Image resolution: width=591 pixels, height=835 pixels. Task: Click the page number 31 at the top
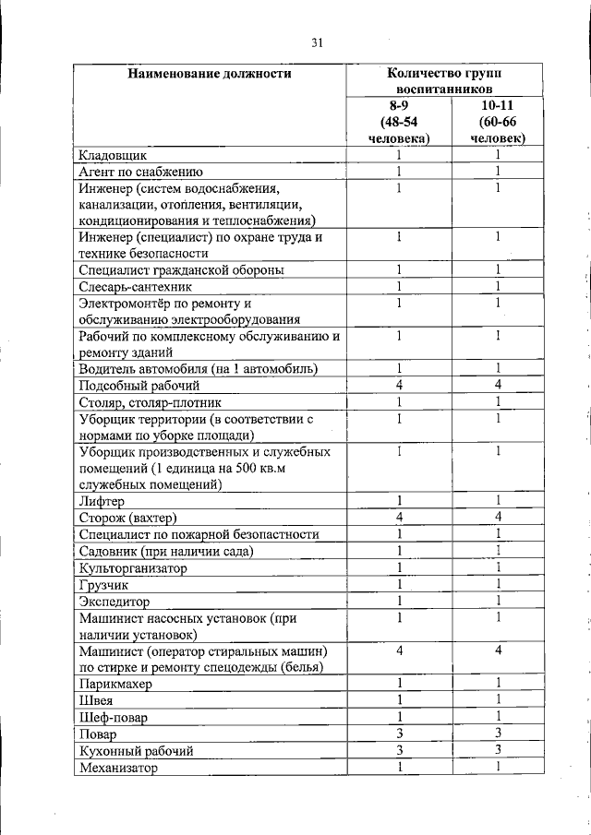point(317,42)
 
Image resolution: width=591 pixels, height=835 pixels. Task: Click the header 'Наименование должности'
point(210,74)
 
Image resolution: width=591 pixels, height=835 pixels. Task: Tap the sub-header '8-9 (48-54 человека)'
point(399,122)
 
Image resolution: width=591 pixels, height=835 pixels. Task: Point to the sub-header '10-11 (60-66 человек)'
point(497,122)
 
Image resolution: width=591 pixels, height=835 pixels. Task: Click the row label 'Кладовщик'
point(114,155)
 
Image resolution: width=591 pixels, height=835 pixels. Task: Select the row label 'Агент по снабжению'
point(141,172)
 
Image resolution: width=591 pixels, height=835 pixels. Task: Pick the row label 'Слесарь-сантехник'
point(135,287)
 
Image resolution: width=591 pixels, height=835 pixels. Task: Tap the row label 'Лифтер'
point(102,501)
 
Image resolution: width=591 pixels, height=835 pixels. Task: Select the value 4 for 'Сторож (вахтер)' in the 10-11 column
point(497,517)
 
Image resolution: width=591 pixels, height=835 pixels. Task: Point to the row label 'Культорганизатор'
point(133,568)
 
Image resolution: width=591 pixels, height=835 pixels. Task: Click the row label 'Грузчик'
point(104,585)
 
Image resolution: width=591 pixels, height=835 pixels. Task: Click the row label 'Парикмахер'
point(115,684)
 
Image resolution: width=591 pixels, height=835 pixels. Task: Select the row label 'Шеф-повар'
point(113,717)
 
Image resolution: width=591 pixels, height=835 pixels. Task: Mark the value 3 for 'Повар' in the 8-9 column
point(399,734)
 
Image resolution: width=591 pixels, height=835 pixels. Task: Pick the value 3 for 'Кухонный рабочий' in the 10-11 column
point(497,750)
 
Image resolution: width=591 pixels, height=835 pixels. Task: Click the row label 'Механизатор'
point(119,767)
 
